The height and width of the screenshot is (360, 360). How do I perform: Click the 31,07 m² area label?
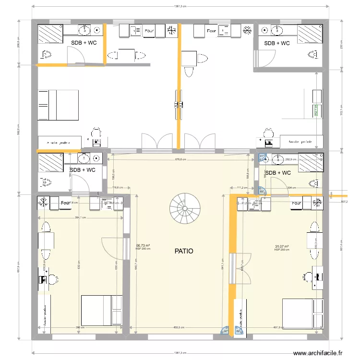281,247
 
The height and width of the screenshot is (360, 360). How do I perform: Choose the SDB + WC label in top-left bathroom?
84,43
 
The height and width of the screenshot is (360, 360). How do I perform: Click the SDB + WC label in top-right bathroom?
277,43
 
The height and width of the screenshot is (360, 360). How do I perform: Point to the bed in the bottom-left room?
101,310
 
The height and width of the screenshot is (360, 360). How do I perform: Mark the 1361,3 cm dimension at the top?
180,7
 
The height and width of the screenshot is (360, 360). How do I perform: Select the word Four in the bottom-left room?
65,203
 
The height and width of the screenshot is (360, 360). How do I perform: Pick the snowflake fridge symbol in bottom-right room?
317,204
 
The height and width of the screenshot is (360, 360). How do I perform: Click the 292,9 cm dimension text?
291,159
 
